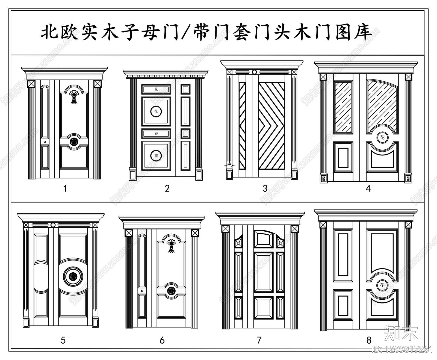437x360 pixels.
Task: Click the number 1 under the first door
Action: click(x=65, y=188)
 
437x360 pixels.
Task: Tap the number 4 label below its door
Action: click(x=368, y=188)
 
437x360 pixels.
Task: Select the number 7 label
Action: click(x=259, y=340)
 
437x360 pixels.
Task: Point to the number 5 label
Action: click(x=63, y=340)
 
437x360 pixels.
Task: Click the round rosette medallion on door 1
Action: click(x=74, y=141)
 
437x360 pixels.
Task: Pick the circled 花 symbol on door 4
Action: click(x=382, y=137)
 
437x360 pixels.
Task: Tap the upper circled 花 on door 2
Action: click(x=156, y=111)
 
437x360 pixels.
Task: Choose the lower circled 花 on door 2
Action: click(x=156, y=156)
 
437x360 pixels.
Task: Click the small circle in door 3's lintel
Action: click(x=254, y=72)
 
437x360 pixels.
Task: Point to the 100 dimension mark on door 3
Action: click(x=229, y=164)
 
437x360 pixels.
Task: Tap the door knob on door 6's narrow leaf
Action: click(x=142, y=291)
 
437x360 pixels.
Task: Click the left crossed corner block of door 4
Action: click(x=323, y=77)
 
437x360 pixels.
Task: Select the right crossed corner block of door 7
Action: click(x=294, y=229)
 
